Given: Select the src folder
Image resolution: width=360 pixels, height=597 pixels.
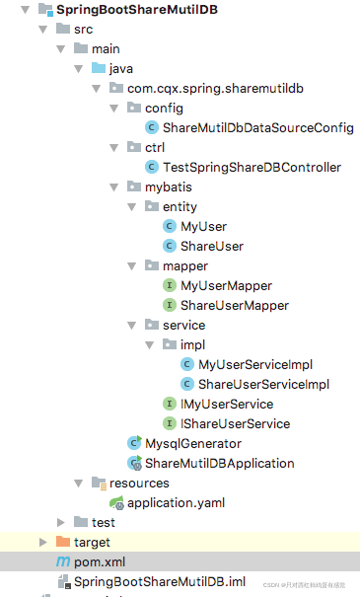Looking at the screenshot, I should [83, 30].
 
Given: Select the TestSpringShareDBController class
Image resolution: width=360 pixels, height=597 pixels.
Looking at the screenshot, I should [252, 168].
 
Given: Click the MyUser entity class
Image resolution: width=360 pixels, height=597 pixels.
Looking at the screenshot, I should [203, 227].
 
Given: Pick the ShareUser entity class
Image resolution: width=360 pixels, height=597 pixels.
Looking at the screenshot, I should [211, 246].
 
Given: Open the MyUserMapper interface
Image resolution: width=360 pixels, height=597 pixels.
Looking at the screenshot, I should [226, 285].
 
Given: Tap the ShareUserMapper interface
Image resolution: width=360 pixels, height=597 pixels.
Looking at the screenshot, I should [234, 305].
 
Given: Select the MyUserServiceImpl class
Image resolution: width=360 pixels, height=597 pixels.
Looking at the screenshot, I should [254, 364].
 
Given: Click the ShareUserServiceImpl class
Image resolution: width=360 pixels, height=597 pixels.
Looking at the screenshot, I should [262, 384].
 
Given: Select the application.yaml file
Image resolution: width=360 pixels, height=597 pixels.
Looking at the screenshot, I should [176, 502].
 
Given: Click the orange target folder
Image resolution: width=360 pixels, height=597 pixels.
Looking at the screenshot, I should [92, 542].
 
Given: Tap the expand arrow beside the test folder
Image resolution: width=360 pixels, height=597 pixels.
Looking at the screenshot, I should [60, 522].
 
